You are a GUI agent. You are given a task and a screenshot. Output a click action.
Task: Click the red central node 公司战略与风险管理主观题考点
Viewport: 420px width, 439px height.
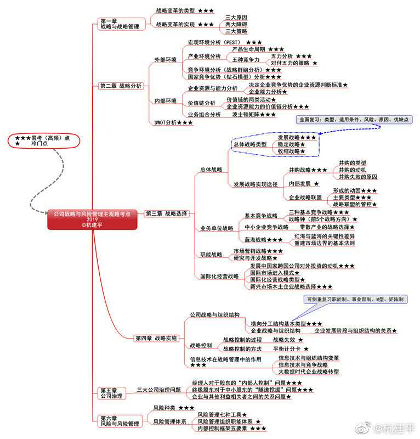[92, 218]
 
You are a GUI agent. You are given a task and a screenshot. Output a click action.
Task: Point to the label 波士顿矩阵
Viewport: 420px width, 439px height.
[246, 115]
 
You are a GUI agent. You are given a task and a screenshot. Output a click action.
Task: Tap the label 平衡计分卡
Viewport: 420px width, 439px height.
[286, 348]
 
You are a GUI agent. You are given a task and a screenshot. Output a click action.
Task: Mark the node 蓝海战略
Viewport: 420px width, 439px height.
[256, 239]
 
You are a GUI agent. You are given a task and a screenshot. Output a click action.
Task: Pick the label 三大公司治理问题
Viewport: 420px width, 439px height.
[158, 390]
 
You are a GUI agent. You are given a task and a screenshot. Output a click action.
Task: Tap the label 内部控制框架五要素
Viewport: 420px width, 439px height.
[224, 428]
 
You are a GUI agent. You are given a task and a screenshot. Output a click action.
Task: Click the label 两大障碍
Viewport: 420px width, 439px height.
[236, 25]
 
